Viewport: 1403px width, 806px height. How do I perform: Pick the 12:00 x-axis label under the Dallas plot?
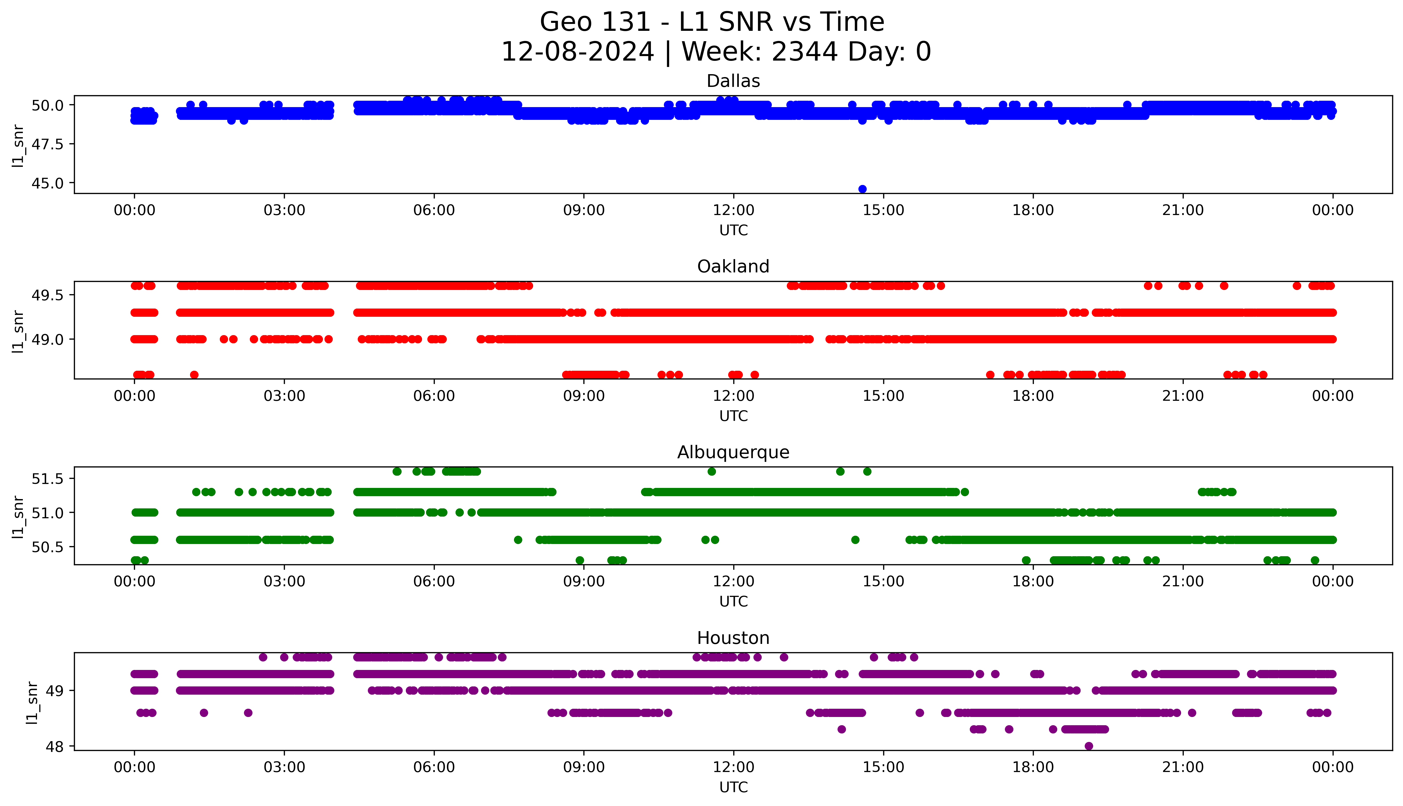733,210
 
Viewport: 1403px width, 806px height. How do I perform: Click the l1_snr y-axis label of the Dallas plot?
18,145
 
